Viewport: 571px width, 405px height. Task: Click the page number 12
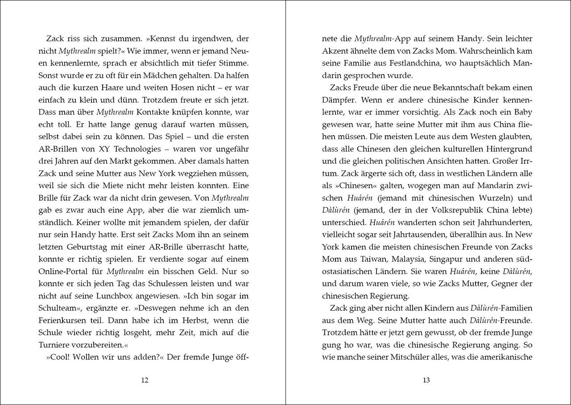pyautogui.click(x=145, y=380)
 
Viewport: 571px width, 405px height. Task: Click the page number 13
pyautogui.click(x=426, y=380)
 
